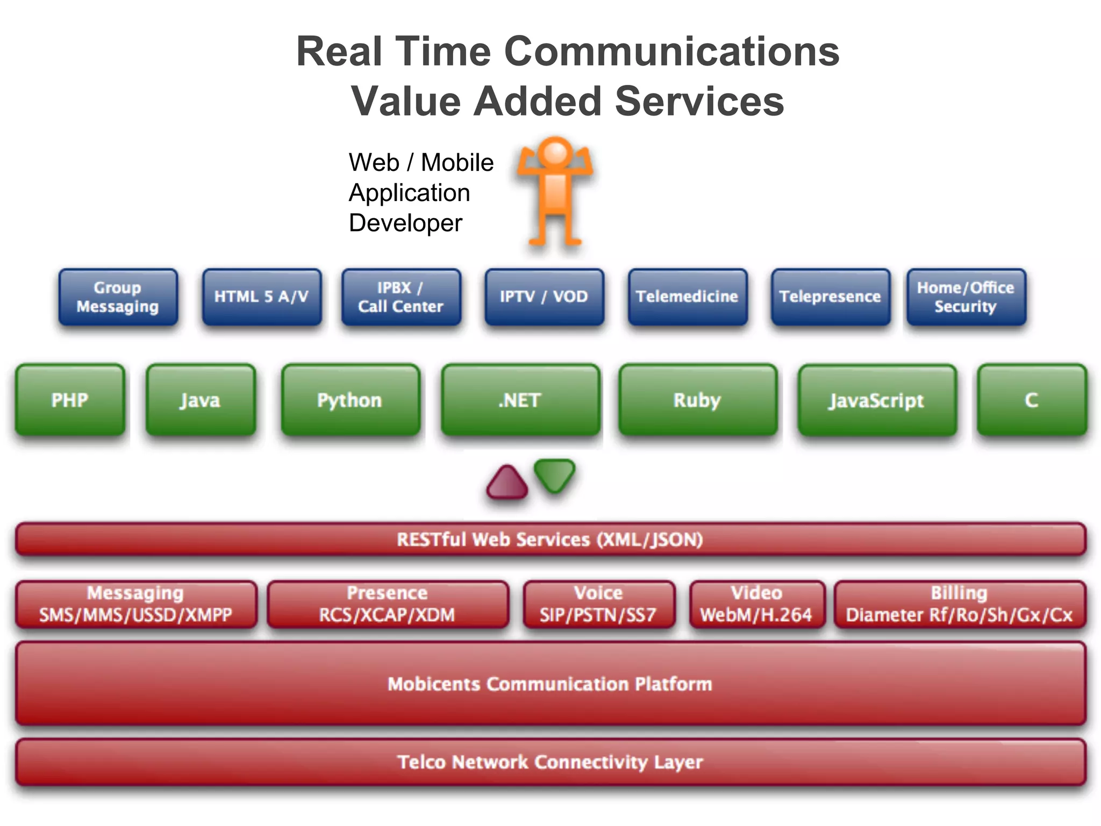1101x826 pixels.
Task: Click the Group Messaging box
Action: click(118, 297)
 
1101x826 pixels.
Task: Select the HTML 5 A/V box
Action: click(262, 297)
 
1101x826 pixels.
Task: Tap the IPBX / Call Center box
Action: click(401, 297)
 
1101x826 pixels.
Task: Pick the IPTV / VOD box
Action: click(544, 297)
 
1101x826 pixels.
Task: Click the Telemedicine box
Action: click(687, 297)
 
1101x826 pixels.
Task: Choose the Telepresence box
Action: click(830, 297)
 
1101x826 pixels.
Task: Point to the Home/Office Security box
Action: click(966, 297)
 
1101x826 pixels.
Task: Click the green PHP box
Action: click(70, 400)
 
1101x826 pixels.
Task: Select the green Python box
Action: click(350, 400)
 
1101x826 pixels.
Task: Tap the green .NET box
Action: click(520, 400)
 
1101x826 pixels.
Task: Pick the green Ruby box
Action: click(697, 400)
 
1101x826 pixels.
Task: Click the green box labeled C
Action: click(1032, 400)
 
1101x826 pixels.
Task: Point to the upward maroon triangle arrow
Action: click(506, 483)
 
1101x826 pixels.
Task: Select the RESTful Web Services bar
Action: click(550, 539)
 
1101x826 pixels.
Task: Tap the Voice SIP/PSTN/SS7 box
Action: click(598, 604)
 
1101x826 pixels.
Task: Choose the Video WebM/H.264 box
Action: click(756, 604)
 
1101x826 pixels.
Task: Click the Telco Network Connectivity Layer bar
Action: click(550, 762)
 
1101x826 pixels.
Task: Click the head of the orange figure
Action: click(555, 153)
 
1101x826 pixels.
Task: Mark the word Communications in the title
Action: click(671, 52)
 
